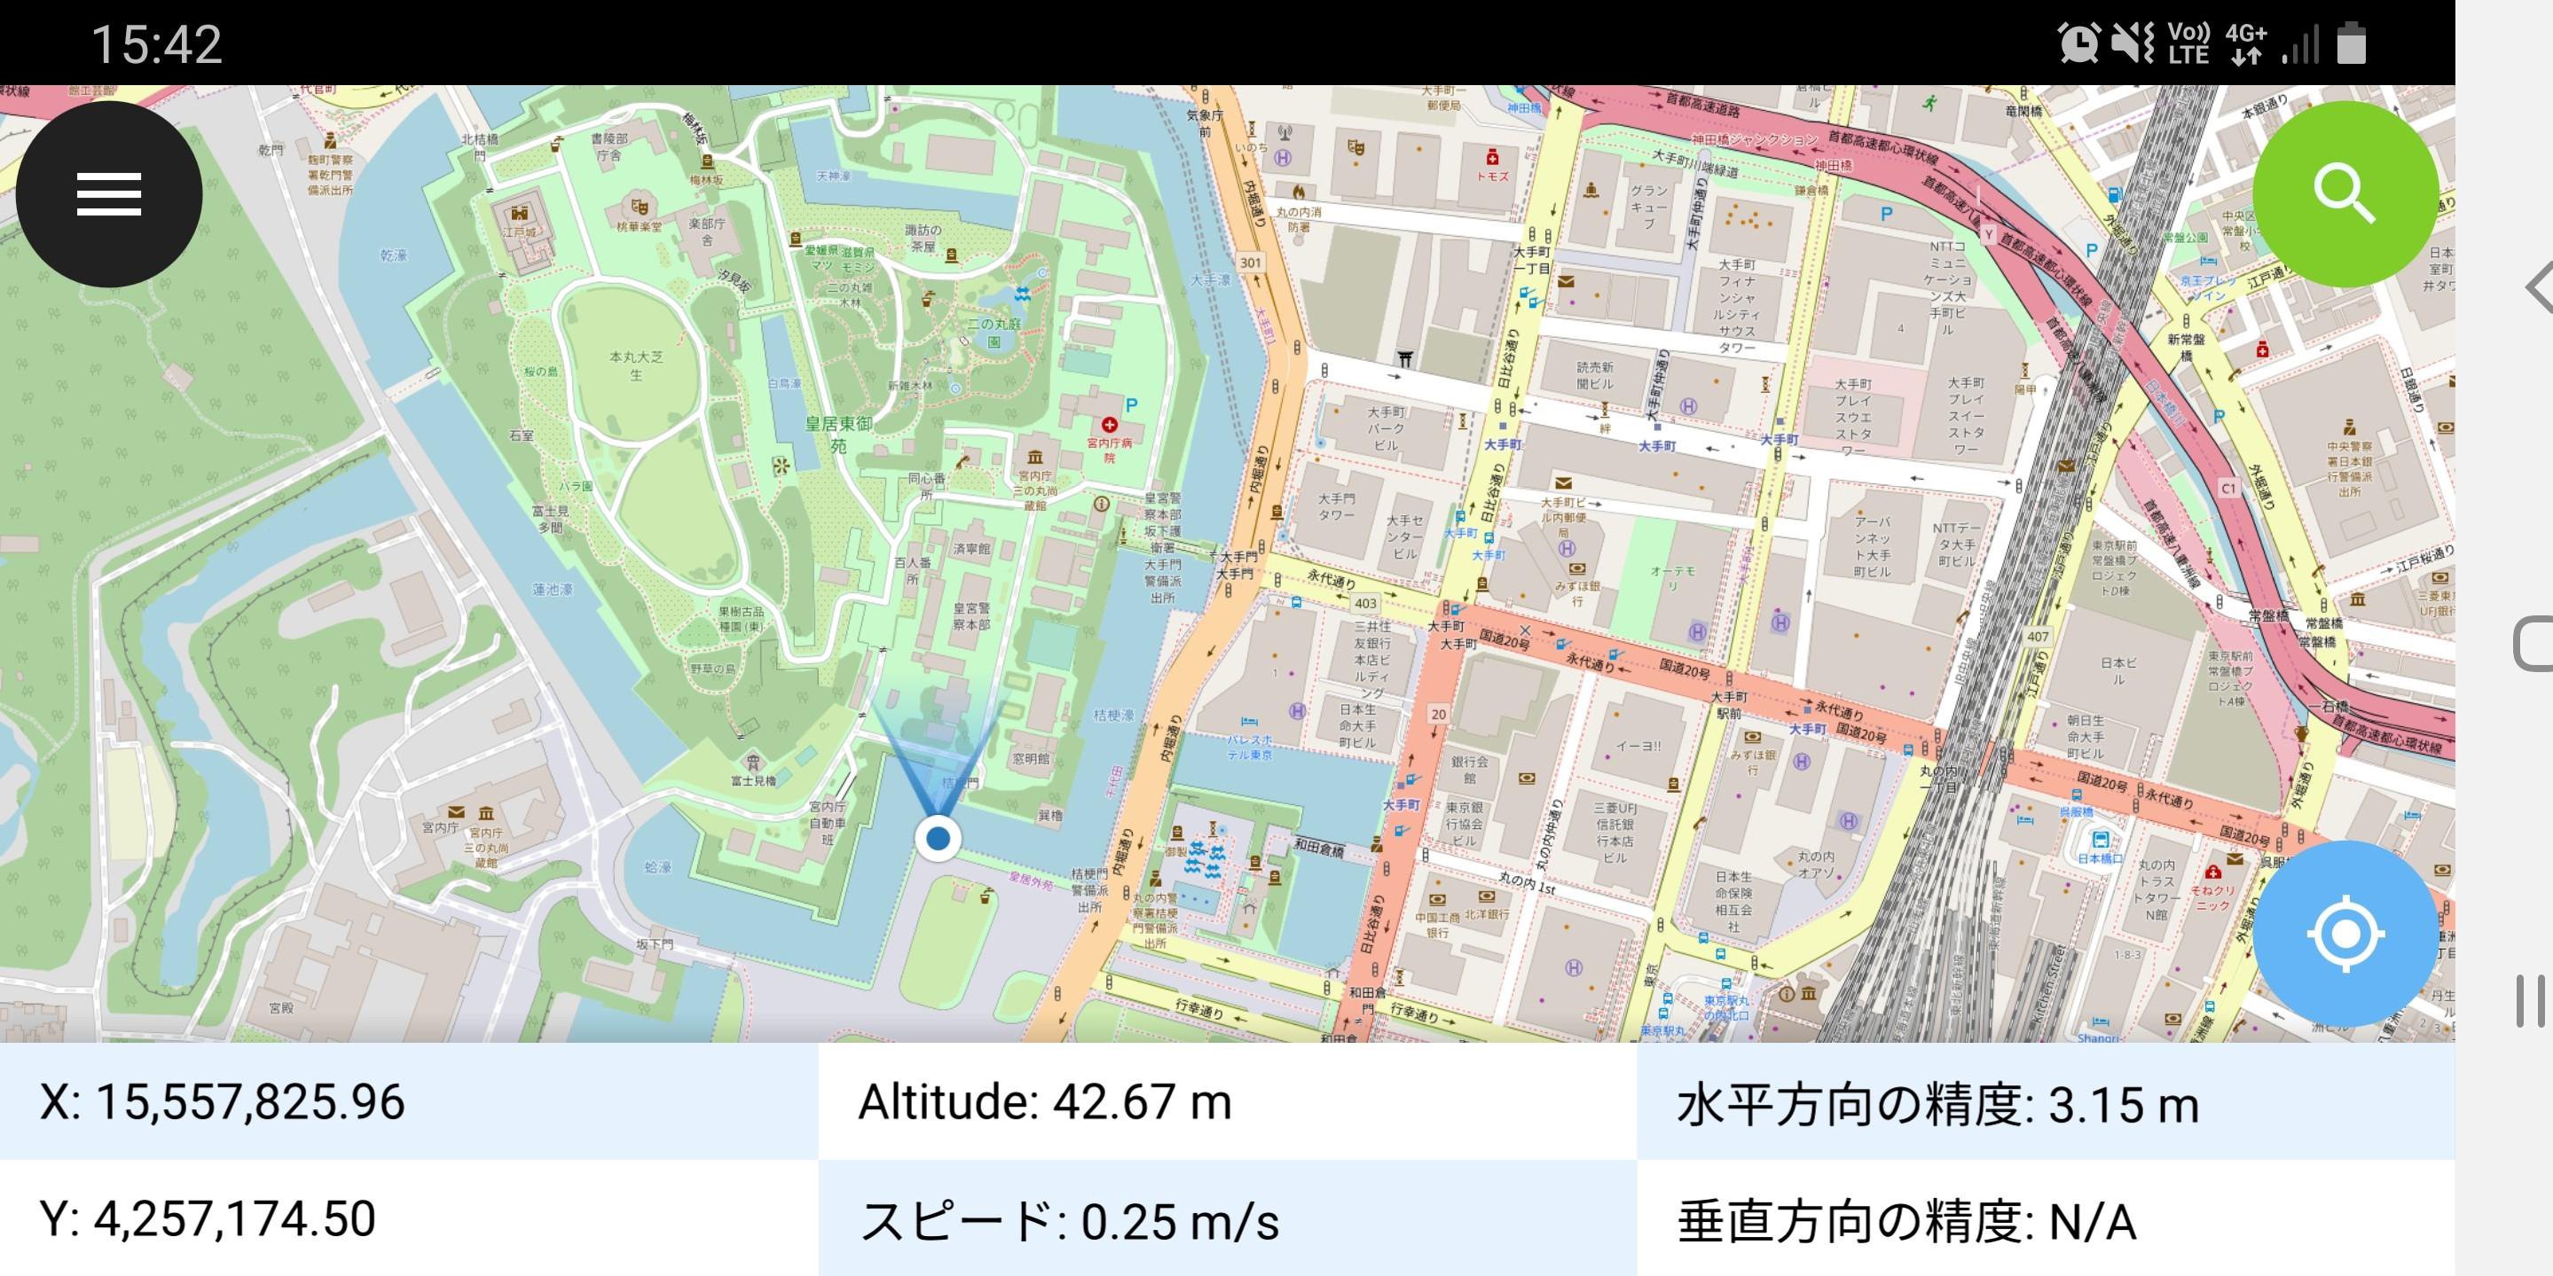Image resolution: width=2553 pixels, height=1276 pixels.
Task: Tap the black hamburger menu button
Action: (x=109, y=194)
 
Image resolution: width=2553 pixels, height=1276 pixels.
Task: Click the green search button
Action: (x=2345, y=194)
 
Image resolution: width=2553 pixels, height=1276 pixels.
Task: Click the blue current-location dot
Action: (x=938, y=839)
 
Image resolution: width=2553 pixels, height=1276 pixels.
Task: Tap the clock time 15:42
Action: (x=157, y=44)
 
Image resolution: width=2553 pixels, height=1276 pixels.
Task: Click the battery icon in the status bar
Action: (x=2351, y=44)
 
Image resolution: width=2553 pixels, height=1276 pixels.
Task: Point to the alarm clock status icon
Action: (x=2078, y=43)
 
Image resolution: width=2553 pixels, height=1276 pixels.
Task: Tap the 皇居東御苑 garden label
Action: (x=838, y=434)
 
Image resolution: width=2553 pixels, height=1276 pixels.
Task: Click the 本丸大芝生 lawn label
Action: (x=636, y=364)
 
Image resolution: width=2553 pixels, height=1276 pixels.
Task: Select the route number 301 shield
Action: (x=1251, y=262)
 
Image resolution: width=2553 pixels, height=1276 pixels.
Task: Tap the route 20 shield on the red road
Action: (x=1438, y=713)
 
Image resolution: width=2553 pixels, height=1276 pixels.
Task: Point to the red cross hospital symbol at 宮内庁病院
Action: (x=1109, y=425)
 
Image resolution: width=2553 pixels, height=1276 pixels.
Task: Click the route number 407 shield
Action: (x=2038, y=636)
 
